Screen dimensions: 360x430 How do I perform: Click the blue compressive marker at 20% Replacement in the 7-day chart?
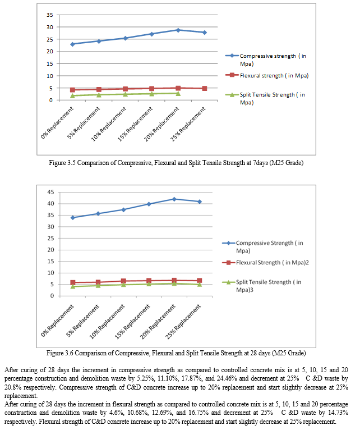[x=178, y=30]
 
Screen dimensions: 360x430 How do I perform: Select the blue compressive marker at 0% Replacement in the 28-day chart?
[x=72, y=218]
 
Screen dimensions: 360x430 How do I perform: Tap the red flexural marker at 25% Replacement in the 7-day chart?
[x=204, y=88]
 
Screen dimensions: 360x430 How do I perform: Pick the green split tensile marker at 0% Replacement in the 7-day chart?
[x=72, y=95]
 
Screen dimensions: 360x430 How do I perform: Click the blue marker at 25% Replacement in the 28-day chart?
[x=200, y=202]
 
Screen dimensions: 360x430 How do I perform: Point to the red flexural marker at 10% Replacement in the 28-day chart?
[x=123, y=281]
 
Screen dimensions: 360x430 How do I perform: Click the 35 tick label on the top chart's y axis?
[x=49, y=15]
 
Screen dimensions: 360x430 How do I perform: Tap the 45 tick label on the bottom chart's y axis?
[x=50, y=192]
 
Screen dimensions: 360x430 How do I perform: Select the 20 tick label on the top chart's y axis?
[x=49, y=52]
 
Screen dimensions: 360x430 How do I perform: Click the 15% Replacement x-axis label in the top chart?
[x=135, y=124]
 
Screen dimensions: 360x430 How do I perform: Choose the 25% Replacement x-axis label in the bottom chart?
[x=183, y=322]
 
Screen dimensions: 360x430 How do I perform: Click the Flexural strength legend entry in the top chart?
[x=267, y=75]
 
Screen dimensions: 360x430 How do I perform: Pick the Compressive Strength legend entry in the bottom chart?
[x=263, y=246]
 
